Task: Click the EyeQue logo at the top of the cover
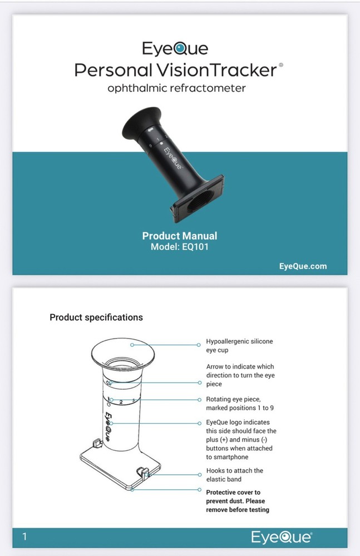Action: tap(175, 48)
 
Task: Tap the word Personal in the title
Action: tap(114, 70)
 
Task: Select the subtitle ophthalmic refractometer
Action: tap(176, 88)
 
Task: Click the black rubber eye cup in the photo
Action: tap(142, 122)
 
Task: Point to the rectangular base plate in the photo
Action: tap(198, 198)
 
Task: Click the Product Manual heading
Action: tap(180, 236)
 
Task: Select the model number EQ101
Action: tap(195, 247)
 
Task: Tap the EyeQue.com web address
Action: tap(303, 266)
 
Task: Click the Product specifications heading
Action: tap(96, 317)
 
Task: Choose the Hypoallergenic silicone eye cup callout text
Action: tap(239, 346)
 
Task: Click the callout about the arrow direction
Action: tap(240, 375)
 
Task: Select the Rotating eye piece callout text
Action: tap(240, 404)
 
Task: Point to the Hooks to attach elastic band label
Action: tap(235, 475)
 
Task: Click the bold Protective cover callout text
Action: tap(238, 501)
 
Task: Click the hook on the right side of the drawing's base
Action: tap(143, 473)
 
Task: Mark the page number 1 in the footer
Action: tap(24, 537)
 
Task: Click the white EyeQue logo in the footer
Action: tap(282, 537)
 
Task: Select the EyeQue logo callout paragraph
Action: tap(241, 440)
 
